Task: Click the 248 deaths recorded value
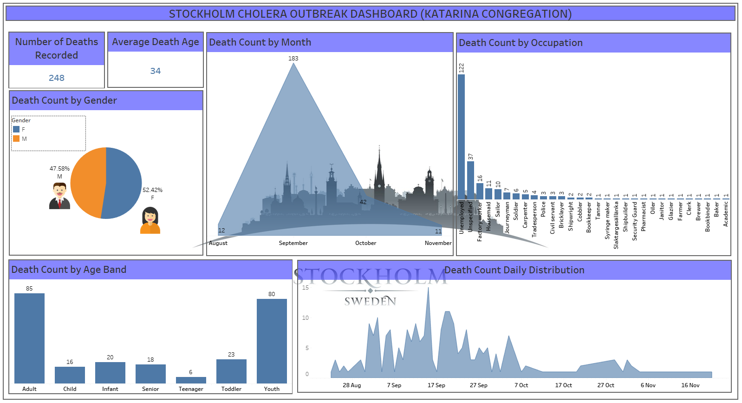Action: pos(57,78)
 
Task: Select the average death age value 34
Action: pos(155,71)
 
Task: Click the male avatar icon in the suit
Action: pos(59,196)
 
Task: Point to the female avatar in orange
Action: pos(150,220)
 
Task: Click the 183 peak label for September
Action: pos(293,59)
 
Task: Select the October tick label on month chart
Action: pos(365,243)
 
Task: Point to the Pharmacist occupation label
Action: pos(643,216)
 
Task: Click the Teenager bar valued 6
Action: pos(191,380)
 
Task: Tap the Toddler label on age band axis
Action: pos(231,389)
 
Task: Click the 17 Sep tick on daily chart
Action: pos(436,385)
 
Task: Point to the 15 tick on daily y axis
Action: pos(305,288)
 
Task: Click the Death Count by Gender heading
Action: pos(64,100)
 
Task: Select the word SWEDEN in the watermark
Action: pos(370,301)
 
